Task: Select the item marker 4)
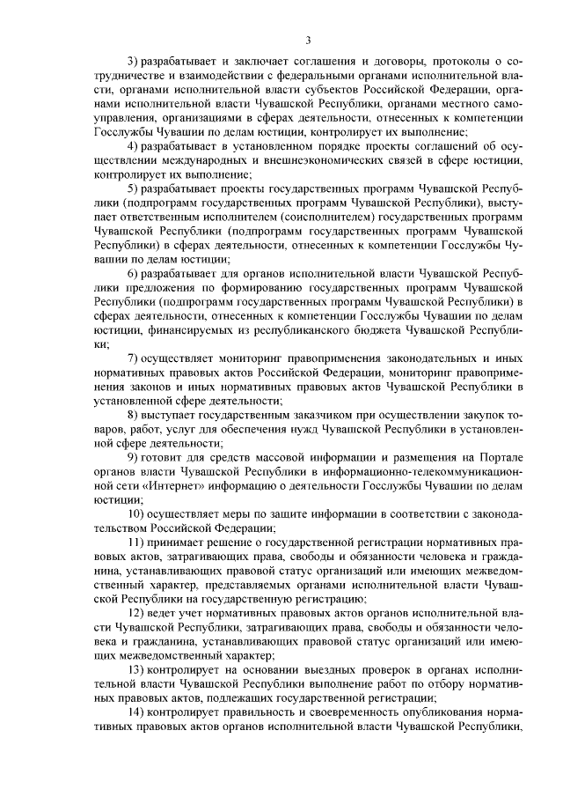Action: [x=134, y=145]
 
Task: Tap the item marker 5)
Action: [x=134, y=189]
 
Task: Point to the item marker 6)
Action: [x=134, y=274]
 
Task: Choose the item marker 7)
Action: [x=134, y=358]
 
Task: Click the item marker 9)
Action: [x=134, y=457]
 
